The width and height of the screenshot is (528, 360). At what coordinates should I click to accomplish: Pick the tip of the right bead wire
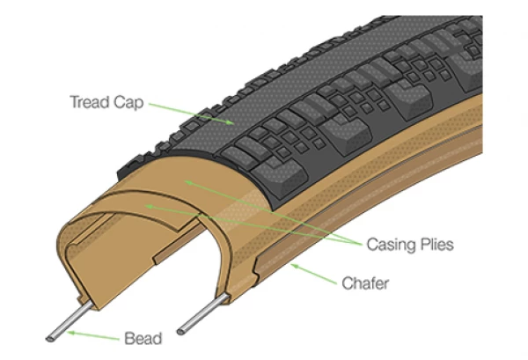[x=180, y=331]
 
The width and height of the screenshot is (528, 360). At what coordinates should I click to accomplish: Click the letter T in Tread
[x=73, y=101]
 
